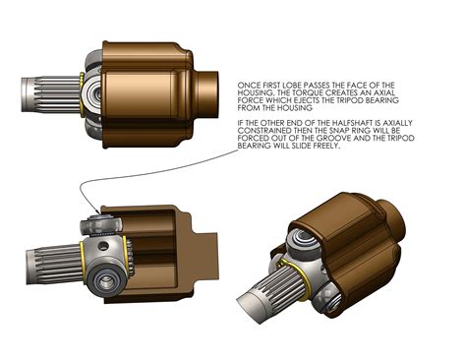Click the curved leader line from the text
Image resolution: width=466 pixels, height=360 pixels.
click(x=157, y=176)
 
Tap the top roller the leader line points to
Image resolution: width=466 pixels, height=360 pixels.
click(x=99, y=225)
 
